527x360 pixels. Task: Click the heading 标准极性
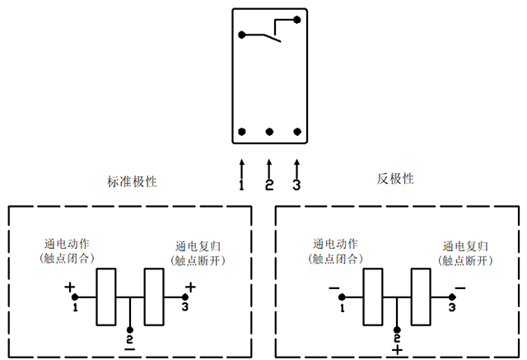[x=132, y=180]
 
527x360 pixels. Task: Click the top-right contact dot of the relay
[x=296, y=18]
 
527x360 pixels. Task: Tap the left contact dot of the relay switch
[x=242, y=35]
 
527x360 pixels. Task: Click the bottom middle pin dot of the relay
[x=269, y=132]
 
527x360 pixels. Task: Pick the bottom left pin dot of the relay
[x=242, y=132]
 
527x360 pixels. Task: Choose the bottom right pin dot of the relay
[x=296, y=132]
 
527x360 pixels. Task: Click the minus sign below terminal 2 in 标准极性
[x=129, y=349]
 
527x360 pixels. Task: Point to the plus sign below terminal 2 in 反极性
[x=398, y=350]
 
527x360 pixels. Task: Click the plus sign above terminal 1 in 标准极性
[x=70, y=288]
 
